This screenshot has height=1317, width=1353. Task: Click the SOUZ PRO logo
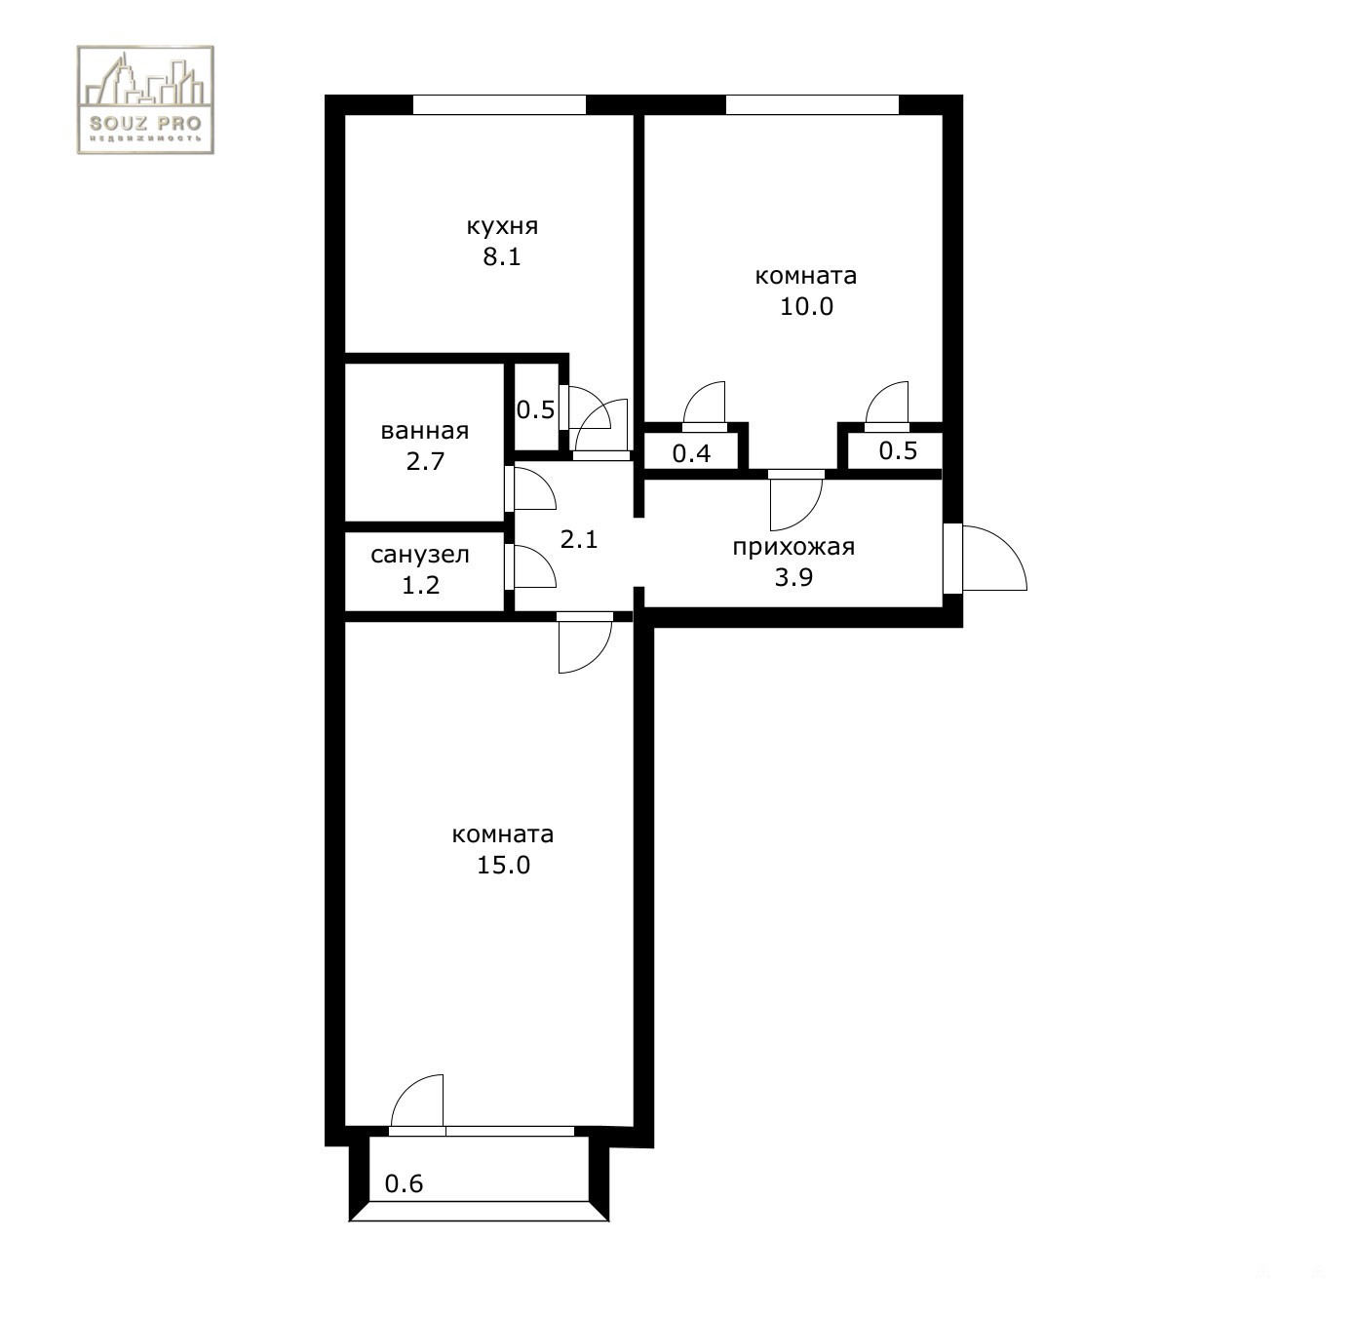[145, 100]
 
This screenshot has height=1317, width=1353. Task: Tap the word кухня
[502, 227]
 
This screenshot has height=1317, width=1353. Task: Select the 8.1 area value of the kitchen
[502, 257]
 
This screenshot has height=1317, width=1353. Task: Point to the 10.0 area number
[806, 307]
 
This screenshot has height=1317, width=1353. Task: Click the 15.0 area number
[503, 865]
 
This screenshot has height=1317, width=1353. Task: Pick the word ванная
[425, 431]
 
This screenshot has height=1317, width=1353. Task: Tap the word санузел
[420, 555]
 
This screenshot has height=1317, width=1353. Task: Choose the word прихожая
[793, 547]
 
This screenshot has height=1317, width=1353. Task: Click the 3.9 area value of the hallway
[793, 578]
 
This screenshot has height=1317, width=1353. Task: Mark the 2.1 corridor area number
[578, 539]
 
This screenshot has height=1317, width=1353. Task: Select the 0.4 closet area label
[691, 453]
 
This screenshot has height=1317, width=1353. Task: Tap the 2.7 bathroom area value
[425, 462]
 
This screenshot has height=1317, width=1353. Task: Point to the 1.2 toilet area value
[421, 586]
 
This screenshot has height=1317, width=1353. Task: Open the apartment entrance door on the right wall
[985, 559]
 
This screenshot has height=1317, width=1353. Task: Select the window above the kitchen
[499, 104]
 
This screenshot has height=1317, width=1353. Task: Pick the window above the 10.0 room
[812, 104]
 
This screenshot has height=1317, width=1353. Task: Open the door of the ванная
[530, 488]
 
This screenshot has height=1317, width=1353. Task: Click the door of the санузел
[530, 566]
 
